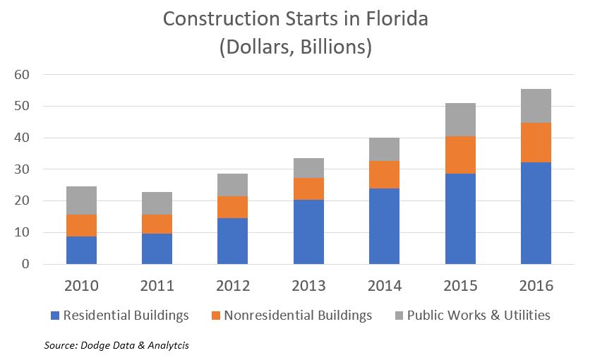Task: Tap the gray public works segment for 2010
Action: click(x=81, y=200)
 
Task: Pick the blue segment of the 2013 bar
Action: click(x=308, y=232)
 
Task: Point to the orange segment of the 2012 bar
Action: click(x=233, y=207)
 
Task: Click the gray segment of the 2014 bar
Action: click(x=385, y=149)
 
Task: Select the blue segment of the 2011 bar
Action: click(x=157, y=248)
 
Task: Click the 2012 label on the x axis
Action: click(x=233, y=287)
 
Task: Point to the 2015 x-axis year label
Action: click(x=460, y=287)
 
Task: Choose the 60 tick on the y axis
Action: click(x=22, y=75)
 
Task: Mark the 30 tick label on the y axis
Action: click(x=22, y=169)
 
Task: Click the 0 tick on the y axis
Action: click(x=25, y=264)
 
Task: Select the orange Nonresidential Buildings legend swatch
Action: click(x=215, y=316)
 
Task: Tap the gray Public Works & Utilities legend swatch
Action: click(x=399, y=316)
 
